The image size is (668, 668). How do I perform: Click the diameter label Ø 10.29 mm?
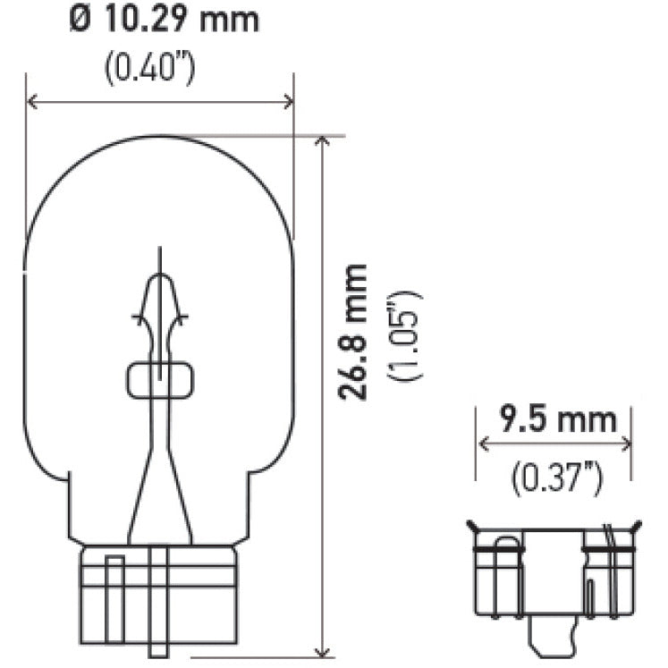click(x=165, y=19)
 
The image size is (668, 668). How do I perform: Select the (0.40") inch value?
click(x=149, y=70)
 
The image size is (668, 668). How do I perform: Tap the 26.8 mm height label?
click(x=355, y=332)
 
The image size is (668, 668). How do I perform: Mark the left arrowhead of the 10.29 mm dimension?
click(x=31, y=102)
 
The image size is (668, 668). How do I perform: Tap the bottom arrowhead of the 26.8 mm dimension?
click(x=320, y=652)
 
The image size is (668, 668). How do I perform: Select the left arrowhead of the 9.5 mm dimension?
click(x=484, y=444)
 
